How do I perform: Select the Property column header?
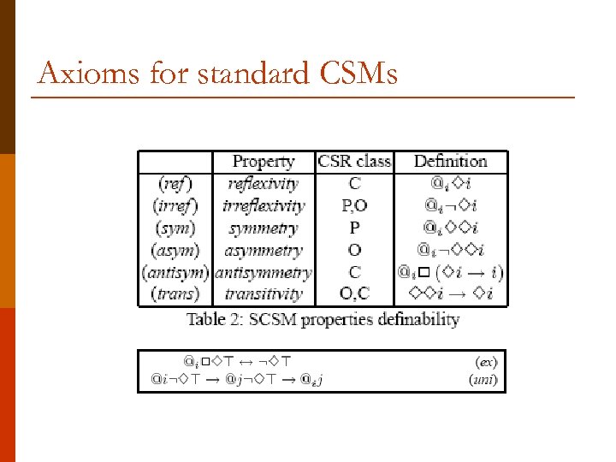pos(264,161)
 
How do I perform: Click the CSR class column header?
pos(354,161)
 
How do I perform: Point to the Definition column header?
pos(450,161)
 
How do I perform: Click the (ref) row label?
pos(175,183)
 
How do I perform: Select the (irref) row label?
pos(175,205)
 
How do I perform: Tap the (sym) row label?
pos(175,228)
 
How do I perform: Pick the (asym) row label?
pos(175,251)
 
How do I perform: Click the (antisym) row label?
pos(175,273)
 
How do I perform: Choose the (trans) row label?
pos(175,294)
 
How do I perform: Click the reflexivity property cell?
pos(264,183)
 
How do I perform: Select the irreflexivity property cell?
pos(264,205)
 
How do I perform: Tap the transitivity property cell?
pos(264,294)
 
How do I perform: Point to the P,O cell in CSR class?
pos(354,205)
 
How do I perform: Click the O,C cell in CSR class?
pos(354,294)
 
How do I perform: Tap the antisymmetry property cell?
pos(264,273)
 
